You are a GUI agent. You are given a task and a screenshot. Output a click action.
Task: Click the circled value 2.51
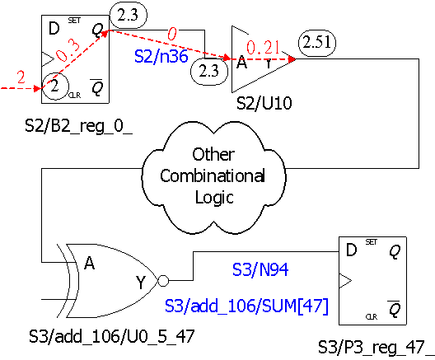coord(317,43)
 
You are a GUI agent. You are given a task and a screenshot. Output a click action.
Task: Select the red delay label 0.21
coord(263,47)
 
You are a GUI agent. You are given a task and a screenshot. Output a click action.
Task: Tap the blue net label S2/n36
coord(161,56)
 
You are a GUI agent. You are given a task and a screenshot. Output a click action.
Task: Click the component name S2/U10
coord(264,103)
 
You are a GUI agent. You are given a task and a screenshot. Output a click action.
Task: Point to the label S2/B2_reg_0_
coord(79,126)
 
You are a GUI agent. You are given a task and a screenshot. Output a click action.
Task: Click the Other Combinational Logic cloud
coord(213,177)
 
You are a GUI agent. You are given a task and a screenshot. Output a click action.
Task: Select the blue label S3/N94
coord(260,269)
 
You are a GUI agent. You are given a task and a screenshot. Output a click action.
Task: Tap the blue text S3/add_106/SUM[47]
coord(246,306)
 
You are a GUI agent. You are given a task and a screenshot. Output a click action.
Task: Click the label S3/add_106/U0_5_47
coord(112,336)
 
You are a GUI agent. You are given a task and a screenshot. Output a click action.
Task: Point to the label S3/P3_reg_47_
coord(377,348)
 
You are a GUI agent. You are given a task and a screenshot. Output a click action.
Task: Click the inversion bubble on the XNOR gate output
coord(163,281)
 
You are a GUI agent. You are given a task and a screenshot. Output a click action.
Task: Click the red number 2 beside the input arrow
coord(21,77)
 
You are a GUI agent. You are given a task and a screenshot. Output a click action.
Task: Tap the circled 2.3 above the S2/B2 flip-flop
coord(129,16)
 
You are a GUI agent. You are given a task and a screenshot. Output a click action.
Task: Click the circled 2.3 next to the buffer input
coord(209,72)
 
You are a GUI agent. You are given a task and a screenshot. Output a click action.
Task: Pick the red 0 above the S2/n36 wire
coord(172,34)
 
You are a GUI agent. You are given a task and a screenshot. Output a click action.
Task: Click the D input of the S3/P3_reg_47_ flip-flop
coord(352,250)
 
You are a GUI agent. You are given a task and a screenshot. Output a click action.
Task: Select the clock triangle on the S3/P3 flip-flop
coord(345,281)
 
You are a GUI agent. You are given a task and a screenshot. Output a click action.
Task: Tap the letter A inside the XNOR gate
coord(89,263)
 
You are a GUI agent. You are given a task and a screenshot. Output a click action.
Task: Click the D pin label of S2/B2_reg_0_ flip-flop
coord(54,28)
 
